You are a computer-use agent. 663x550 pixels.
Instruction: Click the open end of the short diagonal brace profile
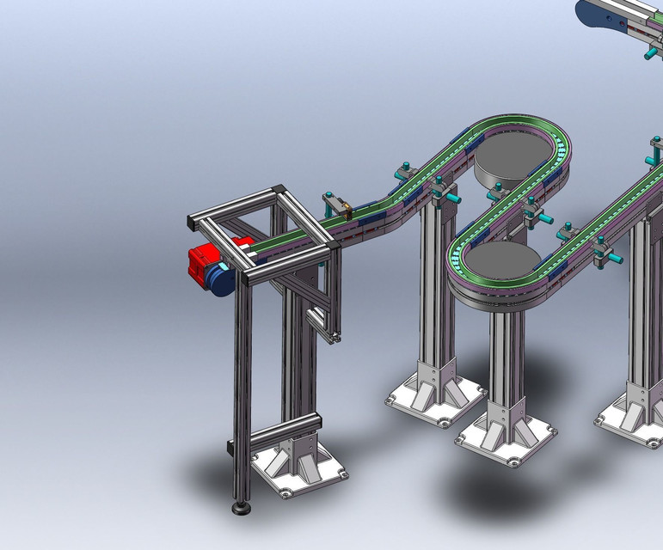(x=333, y=338)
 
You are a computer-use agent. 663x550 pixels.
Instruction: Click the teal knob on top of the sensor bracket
(x=328, y=195)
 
